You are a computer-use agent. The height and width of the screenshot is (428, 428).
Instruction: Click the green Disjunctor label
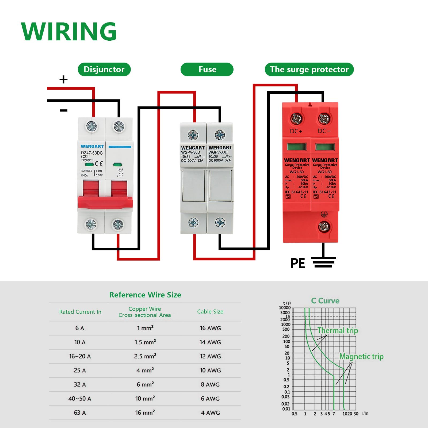click(104, 70)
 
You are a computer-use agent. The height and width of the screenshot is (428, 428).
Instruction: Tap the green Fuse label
click(207, 70)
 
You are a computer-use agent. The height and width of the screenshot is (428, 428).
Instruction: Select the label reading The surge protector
click(309, 70)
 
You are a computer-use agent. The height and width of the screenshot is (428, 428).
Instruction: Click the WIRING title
click(69, 32)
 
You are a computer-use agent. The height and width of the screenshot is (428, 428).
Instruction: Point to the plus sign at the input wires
click(63, 79)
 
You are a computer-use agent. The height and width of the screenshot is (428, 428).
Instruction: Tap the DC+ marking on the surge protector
click(296, 131)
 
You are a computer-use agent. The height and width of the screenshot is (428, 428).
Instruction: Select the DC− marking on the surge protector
click(324, 131)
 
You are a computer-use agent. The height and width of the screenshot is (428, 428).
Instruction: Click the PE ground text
click(298, 263)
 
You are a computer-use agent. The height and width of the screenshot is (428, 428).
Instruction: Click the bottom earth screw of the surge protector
click(324, 227)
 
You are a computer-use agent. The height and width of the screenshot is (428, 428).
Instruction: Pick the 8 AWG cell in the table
click(210, 384)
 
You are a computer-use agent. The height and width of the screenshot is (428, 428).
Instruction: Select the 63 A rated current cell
click(80, 413)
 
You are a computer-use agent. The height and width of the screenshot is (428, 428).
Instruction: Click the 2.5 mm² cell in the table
click(145, 356)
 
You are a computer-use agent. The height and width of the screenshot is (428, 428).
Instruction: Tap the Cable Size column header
click(210, 312)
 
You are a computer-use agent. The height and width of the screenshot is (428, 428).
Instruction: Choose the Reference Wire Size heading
click(145, 295)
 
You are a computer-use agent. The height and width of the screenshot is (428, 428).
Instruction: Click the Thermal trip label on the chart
click(338, 331)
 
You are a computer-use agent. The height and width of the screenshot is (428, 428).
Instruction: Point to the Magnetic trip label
click(361, 357)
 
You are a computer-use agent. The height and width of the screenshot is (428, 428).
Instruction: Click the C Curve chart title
click(325, 301)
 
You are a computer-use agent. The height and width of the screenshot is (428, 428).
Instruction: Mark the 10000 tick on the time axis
click(285, 308)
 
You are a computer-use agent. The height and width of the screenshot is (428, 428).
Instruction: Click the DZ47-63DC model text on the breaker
click(92, 153)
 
